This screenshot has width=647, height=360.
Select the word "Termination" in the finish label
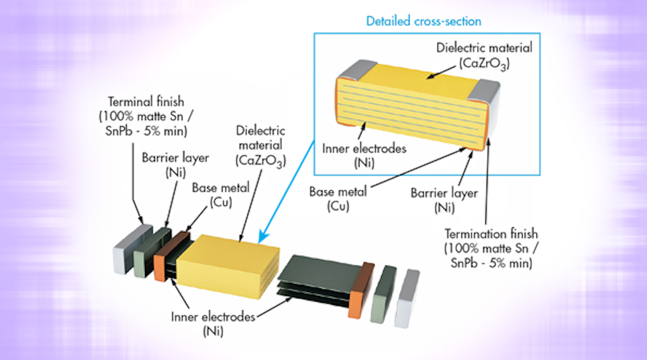(474, 234)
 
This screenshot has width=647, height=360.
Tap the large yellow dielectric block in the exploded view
(228, 262)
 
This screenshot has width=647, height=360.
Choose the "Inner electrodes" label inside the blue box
(364, 148)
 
